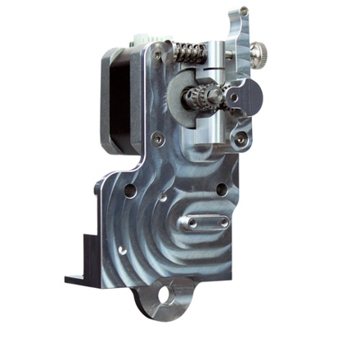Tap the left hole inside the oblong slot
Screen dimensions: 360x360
coord(193,221)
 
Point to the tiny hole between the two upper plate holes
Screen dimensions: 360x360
coord(167,196)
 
